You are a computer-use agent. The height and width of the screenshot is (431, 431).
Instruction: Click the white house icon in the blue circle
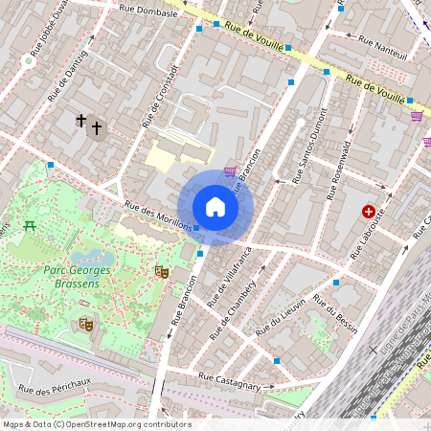215,207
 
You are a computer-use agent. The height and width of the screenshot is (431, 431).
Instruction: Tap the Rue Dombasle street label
147,13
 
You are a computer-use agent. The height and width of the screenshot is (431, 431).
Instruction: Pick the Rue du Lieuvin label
281,317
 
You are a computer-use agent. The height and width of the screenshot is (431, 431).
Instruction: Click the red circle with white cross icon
369,211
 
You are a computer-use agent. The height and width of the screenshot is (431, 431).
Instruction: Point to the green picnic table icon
31,226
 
